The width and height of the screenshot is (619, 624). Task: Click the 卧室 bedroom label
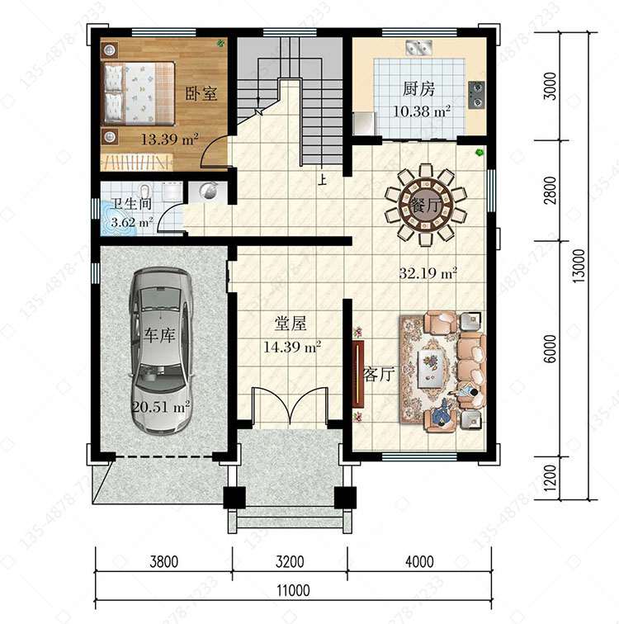(201, 93)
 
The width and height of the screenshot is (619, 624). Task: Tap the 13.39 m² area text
(170, 139)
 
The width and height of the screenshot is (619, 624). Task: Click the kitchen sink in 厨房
(419, 48)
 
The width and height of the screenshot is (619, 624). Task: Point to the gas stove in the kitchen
(476, 95)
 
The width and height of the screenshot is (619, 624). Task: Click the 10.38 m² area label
(422, 111)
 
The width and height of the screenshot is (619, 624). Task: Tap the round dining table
(425, 205)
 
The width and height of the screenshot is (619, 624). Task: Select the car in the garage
(161, 351)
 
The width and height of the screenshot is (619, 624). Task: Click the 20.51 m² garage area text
(161, 407)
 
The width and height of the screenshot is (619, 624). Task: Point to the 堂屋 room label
(291, 324)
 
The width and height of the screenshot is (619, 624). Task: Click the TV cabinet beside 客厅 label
(358, 373)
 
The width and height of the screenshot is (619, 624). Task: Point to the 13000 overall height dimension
(579, 266)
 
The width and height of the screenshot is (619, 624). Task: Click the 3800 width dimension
(164, 561)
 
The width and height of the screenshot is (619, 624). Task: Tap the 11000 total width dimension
(294, 591)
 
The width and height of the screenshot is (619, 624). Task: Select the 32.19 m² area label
(428, 273)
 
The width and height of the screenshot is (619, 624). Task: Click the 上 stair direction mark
(322, 180)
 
